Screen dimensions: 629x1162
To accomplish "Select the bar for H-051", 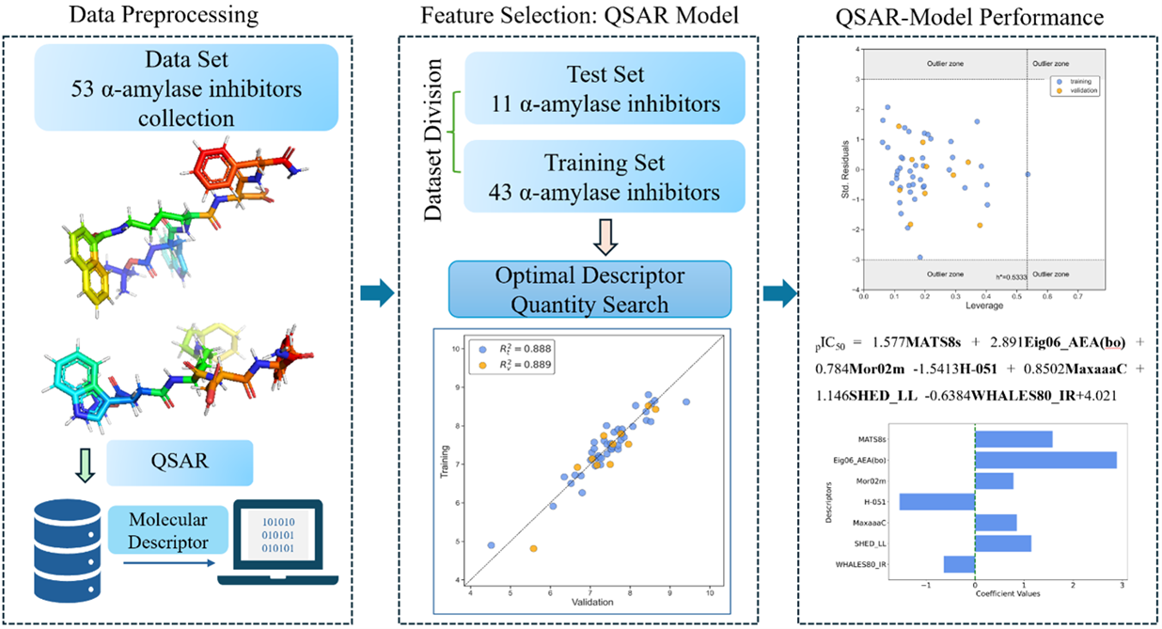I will click(x=936, y=501).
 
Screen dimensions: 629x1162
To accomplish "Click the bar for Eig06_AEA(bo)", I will click(x=1045, y=460).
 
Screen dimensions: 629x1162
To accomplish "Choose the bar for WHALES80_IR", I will click(x=959, y=564).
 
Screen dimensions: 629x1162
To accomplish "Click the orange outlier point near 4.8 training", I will click(x=533, y=548).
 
